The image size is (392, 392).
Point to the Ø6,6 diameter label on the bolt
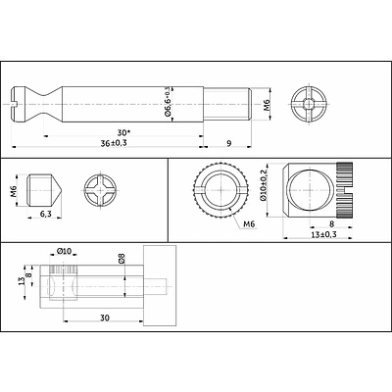point(169,101)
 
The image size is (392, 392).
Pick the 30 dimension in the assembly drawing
point(102,317)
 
